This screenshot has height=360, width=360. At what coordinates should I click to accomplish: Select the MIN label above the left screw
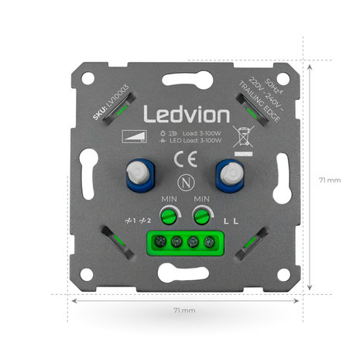(x=170, y=200)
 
